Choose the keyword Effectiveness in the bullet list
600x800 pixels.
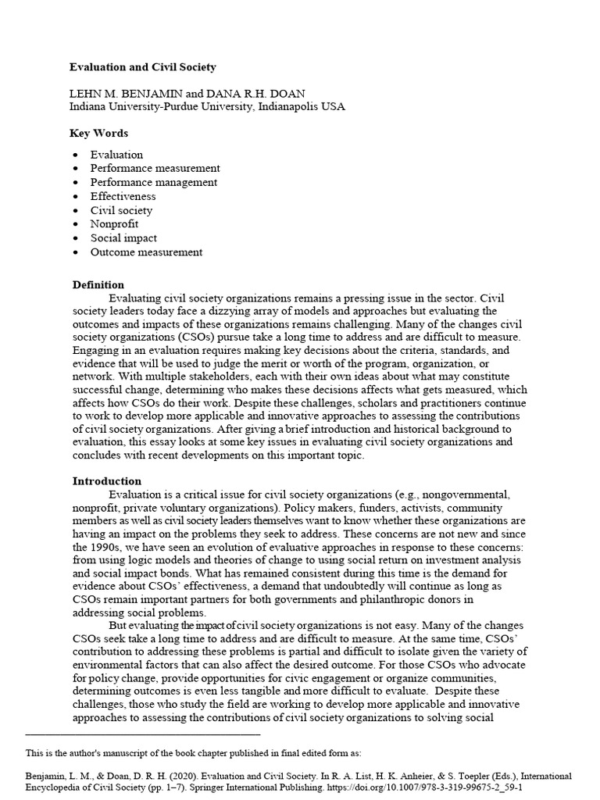pos(123,196)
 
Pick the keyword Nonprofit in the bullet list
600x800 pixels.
pos(114,224)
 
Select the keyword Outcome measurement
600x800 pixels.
pos(146,252)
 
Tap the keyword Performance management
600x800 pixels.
pos(154,182)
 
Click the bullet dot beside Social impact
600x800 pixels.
pos(75,238)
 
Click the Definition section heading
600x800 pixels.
pos(98,284)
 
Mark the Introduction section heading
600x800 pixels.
pos(106,480)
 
